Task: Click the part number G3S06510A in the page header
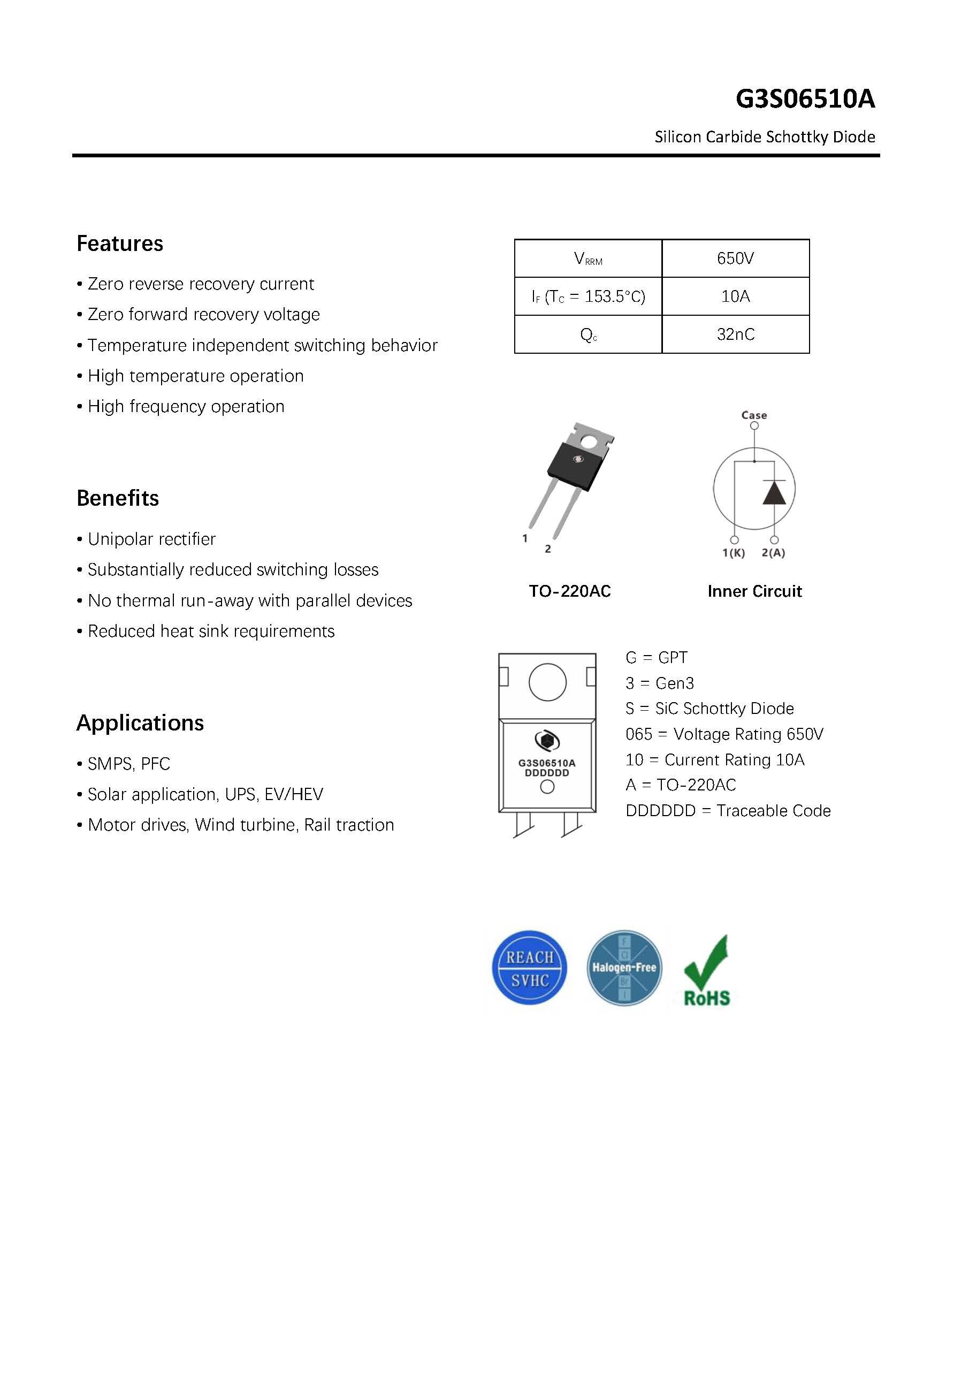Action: (x=805, y=99)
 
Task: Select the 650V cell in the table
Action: (x=735, y=258)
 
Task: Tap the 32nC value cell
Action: (x=735, y=334)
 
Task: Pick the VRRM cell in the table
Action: (x=587, y=258)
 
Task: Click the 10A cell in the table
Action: (x=735, y=296)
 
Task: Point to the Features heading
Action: (x=119, y=244)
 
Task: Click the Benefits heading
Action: (x=118, y=498)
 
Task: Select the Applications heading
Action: (x=140, y=722)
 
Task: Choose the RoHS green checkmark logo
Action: (x=707, y=970)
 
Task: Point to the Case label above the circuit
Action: (x=754, y=415)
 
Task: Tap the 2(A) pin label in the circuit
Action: (x=773, y=553)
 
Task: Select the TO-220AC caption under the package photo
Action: (x=569, y=591)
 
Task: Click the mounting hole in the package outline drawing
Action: (x=547, y=682)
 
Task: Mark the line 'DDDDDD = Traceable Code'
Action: (x=727, y=811)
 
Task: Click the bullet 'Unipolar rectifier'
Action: (x=151, y=539)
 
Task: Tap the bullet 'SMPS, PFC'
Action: (x=128, y=764)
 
